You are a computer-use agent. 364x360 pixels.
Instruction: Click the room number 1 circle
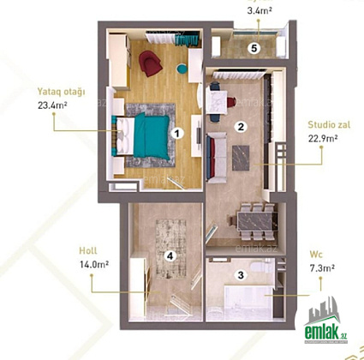pos(177,133)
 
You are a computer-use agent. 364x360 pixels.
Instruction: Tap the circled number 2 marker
pos(241,127)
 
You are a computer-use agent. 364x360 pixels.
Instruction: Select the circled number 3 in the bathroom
pos(241,275)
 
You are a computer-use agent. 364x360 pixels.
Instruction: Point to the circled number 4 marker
pos(170,256)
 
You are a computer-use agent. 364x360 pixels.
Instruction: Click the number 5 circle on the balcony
pos(254,48)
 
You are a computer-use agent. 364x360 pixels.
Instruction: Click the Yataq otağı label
pos(62,92)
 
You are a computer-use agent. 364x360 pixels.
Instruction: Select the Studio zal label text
pos(329,125)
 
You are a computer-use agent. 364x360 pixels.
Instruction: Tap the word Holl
pos(88,251)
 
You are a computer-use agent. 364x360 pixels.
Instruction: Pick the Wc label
pos(316,255)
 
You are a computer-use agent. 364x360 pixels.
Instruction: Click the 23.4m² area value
pos(52,105)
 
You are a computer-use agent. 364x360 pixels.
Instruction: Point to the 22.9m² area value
pos(323,138)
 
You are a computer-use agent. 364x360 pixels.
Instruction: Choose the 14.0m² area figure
pos(94,264)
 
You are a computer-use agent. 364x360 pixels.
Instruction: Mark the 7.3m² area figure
pos(322,268)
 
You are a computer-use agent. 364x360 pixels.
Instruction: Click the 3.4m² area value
pos(260,10)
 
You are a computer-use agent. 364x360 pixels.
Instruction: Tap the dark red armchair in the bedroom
pos(151,63)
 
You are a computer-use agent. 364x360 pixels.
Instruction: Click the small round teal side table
pos(182,69)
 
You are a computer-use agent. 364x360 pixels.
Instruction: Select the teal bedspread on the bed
pos(152,136)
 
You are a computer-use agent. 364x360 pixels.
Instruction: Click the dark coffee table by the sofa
pos(241,158)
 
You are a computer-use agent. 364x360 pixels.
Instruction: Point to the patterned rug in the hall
pos(170,249)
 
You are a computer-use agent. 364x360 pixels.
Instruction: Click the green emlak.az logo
pos(326,321)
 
